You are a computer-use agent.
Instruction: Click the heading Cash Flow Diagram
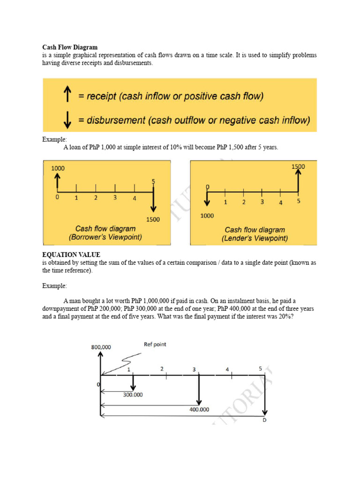70,47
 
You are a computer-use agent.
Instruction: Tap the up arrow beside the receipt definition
67,96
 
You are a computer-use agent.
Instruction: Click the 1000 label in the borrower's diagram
58,168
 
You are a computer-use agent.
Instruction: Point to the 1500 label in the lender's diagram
298,166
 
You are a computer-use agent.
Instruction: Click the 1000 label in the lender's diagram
207,216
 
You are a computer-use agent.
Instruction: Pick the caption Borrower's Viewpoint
105,237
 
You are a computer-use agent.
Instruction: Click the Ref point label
155,345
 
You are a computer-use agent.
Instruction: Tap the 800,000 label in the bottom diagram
101,347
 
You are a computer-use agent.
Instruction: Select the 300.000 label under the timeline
133,395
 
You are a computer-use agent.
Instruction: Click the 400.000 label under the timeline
199,409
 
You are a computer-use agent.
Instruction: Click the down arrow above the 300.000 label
133,382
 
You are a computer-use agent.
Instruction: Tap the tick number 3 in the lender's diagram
262,202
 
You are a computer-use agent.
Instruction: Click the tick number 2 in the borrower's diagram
95,198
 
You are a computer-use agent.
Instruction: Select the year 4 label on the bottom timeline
227,369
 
